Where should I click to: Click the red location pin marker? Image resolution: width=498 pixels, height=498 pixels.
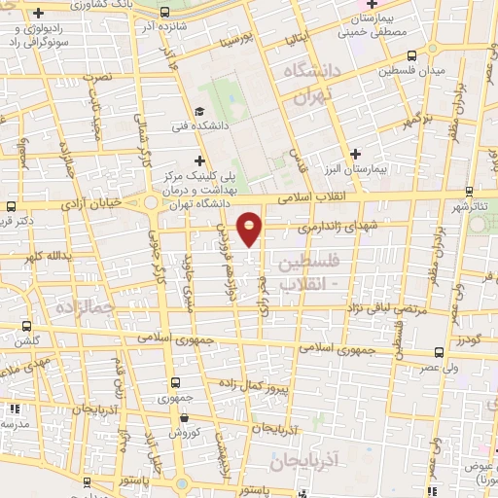coord(250,228)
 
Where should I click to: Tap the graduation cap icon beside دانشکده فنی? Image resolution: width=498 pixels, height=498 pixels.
coord(199,112)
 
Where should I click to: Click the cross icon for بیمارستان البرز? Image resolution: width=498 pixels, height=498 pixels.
coord(355,154)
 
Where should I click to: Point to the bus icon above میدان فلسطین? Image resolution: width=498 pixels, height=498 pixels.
coord(411,55)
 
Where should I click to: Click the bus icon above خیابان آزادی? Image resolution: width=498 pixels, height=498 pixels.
coord(10,206)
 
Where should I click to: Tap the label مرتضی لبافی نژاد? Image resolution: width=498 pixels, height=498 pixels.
coord(387,307)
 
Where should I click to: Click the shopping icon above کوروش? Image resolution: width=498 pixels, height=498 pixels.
coord(185,417)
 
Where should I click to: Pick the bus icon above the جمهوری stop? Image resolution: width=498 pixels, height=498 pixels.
coord(175,382)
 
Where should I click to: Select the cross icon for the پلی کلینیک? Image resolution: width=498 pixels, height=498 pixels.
coord(200,160)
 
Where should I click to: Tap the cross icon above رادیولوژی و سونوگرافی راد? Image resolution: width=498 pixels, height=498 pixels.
coord(37,14)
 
